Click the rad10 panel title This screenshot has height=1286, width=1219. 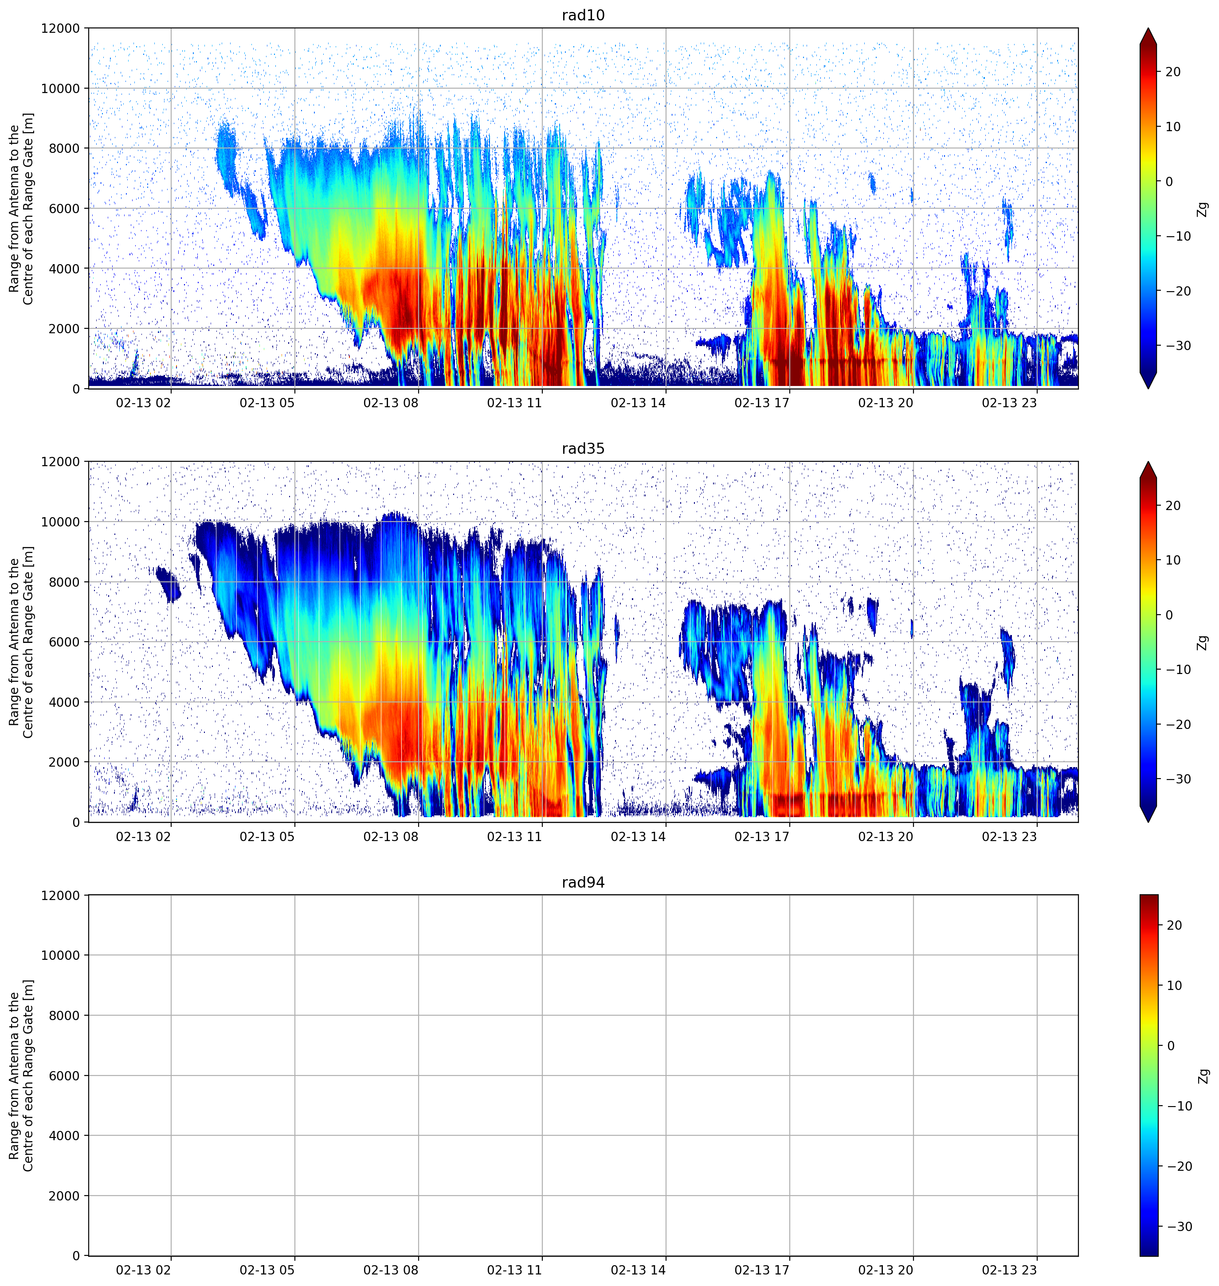tap(583, 15)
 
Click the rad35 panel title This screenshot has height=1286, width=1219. tap(583, 449)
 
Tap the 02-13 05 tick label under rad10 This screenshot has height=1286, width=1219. tap(267, 403)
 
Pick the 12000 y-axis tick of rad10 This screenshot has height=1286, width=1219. tap(60, 28)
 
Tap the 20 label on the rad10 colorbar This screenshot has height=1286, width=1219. tap(1173, 72)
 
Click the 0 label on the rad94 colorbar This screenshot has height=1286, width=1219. tap(1171, 1046)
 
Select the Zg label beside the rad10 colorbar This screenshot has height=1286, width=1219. tap(1203, 208)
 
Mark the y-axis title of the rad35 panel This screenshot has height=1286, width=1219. tap(21, 642)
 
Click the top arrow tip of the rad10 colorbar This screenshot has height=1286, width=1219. tap(1149, 28)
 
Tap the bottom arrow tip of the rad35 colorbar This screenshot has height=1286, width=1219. tap(1149, 822)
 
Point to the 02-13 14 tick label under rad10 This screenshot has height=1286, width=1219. tap(638, 403)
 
